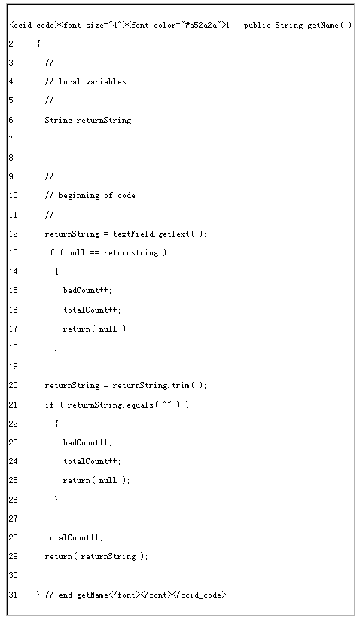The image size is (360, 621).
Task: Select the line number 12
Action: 13,234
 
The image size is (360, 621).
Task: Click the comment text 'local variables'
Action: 92,81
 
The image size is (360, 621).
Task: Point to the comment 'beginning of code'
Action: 96,196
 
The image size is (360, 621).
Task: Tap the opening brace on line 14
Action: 56,271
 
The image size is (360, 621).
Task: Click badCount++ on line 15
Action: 87,290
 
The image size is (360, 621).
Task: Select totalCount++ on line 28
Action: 73,537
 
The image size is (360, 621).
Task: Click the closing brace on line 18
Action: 56,347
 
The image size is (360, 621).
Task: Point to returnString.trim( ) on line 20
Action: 158,385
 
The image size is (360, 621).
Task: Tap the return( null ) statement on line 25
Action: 95,480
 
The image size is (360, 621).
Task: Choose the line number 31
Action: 13,595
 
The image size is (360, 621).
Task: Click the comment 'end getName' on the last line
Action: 83,595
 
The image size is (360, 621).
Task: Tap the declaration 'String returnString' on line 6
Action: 88,120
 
